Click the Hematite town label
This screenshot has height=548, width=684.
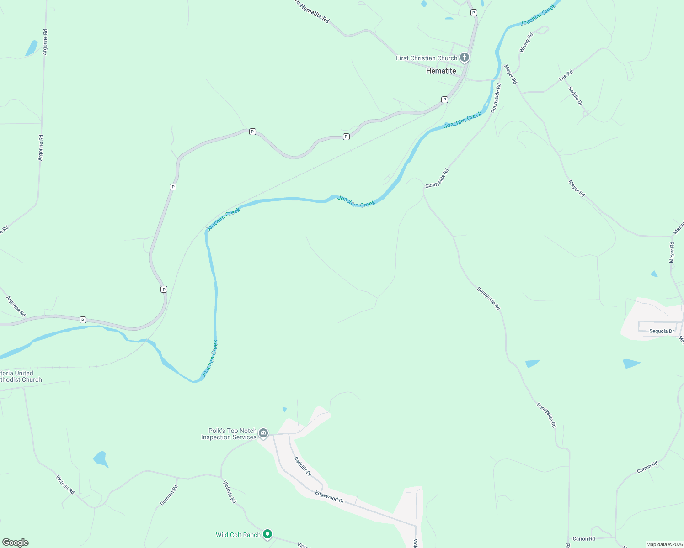[x=441, y=71]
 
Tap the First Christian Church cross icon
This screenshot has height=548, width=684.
[x=465, y=58]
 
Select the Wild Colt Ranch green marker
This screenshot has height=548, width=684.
[x=268, y=534]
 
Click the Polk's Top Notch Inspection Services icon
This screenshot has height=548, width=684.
[x=263, y=433]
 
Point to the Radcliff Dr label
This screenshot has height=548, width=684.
[x=302, y=466]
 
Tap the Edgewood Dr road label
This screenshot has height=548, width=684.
[x=329, y=497]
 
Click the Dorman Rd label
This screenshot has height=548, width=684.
[x=169, y=495]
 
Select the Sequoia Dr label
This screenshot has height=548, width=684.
[x=662, y=331]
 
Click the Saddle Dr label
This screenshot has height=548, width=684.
[x=575, y=96]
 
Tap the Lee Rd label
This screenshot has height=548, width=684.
[x=566, y=76]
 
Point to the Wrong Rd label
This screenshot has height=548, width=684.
[x=526, y=42]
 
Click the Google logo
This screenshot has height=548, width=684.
[x=15, y=543]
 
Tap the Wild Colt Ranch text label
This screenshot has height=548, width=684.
[x=238, y=535]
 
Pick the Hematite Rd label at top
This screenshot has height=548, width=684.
[x=312, y=11]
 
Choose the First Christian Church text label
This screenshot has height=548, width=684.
[x=426, y=58]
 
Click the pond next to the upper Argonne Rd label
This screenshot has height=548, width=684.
[x=31, y=48]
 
